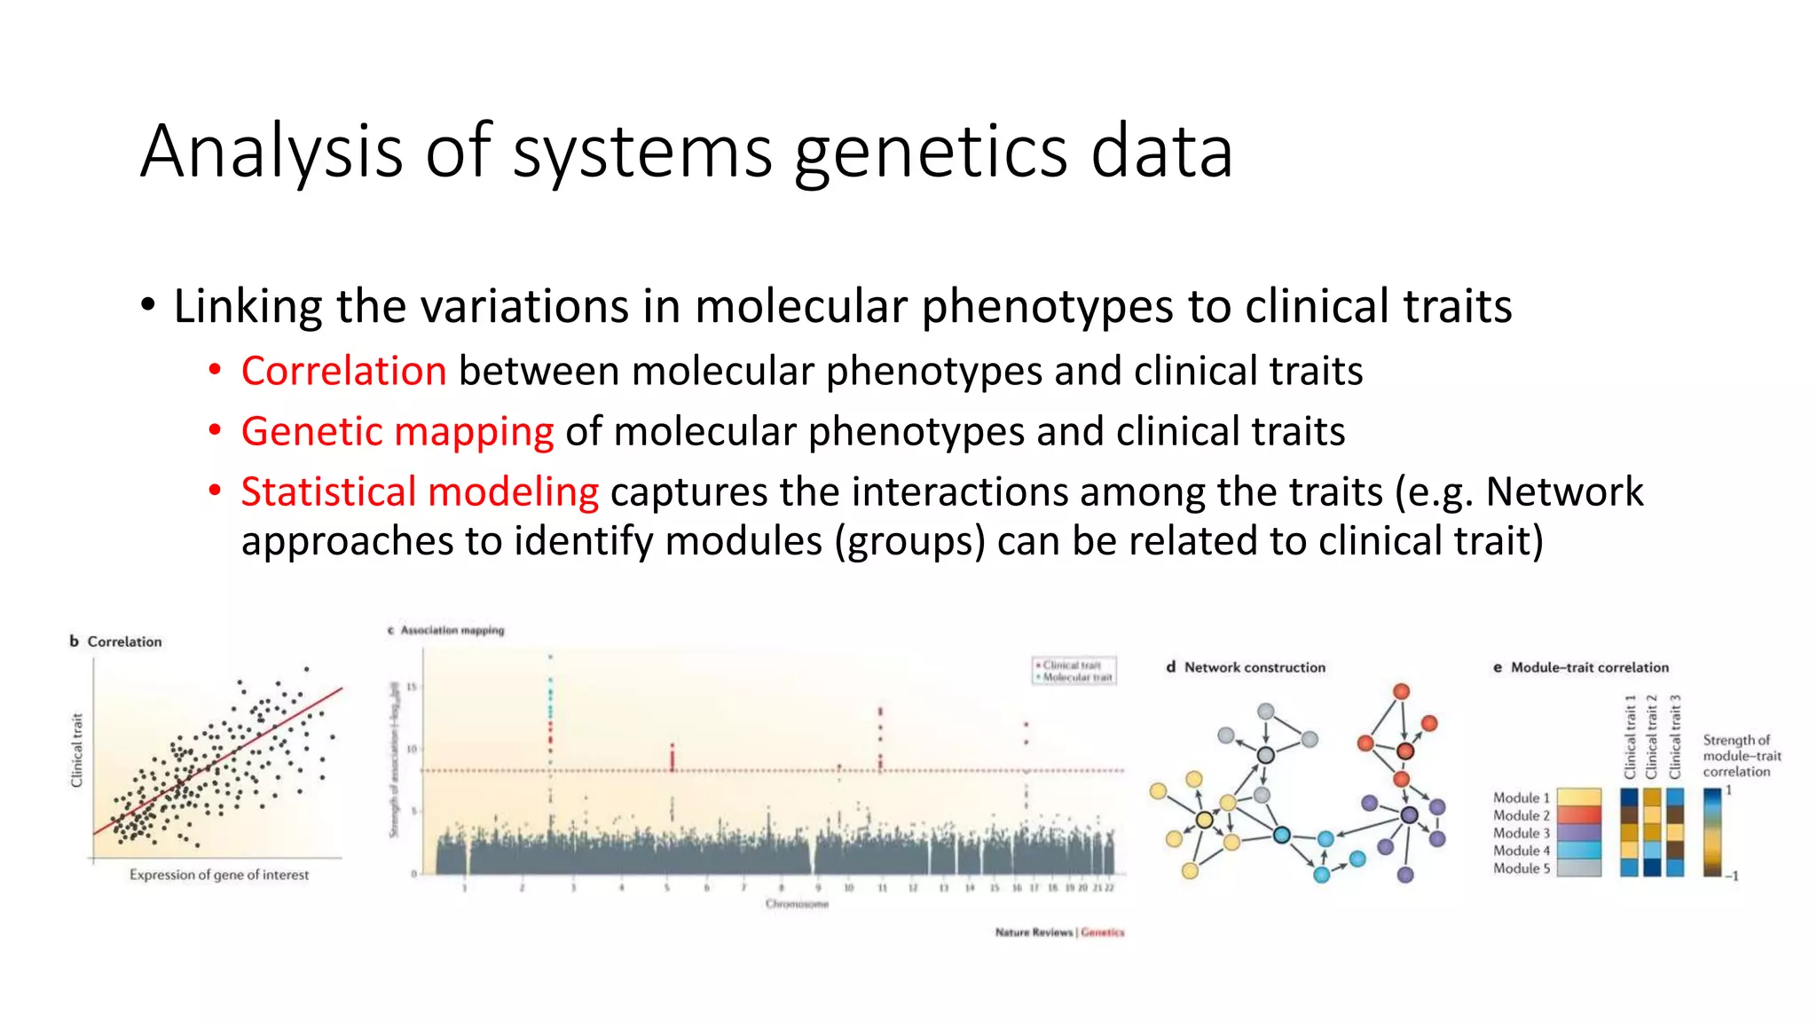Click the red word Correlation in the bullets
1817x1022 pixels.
343,371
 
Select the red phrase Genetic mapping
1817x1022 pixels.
397,432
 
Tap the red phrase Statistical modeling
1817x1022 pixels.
420,491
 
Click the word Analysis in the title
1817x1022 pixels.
271,151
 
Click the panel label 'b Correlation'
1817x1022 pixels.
116,641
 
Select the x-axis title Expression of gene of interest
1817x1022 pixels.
219,875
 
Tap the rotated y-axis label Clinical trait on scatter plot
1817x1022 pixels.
77,750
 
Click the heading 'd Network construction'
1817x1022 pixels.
1246,667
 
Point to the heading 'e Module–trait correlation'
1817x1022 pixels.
1581,667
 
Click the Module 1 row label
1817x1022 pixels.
1521,798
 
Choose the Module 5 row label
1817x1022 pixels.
1521,869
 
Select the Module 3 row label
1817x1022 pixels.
1521,833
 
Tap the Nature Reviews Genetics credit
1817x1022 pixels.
1059,932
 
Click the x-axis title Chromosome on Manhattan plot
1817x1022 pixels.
797,904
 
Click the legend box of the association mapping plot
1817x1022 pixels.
1074,671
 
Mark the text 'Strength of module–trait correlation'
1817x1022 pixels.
1741,756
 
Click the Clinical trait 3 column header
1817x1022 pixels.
1675,737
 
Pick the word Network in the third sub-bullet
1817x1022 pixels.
1564,491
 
